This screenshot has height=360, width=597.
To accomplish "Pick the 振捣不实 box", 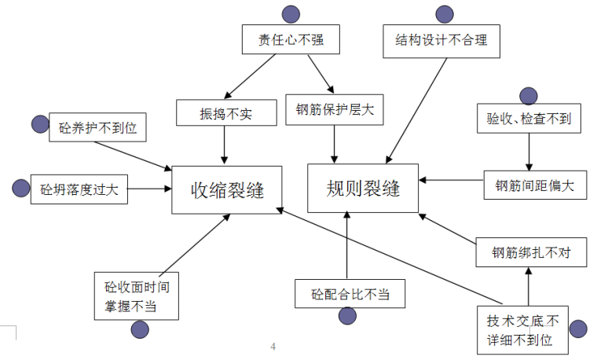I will click(226, 112).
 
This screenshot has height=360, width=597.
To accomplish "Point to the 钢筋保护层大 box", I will click(335, 111).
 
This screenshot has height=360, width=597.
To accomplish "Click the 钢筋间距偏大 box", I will click(534, 185).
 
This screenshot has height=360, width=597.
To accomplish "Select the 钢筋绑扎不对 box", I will click(531, 253).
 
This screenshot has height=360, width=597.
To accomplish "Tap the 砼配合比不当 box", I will click(348, 294).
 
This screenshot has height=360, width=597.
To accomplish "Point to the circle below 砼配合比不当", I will click(347, 316).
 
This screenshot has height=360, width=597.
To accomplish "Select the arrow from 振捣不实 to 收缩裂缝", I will click(225, 145).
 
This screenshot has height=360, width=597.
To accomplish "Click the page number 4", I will click(273, 347).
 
